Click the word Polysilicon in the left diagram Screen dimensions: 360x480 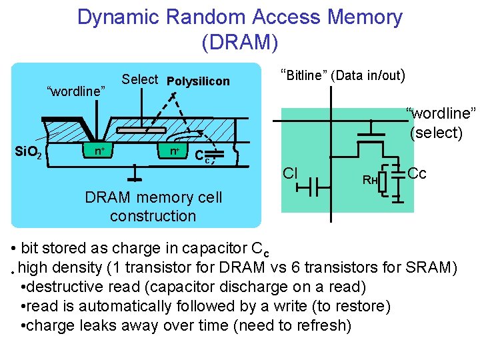tap(198, 81)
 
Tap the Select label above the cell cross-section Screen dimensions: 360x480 tap(139, 79)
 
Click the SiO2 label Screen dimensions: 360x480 tap(29, 154)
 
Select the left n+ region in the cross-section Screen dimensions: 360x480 tap(99, 151)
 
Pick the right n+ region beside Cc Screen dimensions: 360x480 tap(175, 151)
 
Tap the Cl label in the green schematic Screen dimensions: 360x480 tap(289, 174)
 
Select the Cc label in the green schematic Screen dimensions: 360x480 tap(417, 173)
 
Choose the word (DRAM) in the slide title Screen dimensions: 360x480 tap(239, 42)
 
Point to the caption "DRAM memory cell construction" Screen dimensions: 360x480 tap(153, 207)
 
